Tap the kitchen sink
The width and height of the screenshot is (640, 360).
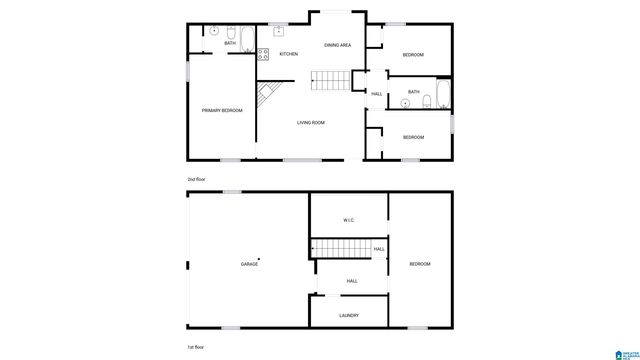click(278, 32)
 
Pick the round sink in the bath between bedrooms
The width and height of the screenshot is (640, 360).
click(406, 100)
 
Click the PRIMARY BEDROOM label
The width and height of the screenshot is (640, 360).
click(221, 110)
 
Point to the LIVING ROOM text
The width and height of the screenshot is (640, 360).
click(310, 122)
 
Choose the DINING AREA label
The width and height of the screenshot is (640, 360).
click(337, 45)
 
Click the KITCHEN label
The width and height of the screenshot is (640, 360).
click(288, 54)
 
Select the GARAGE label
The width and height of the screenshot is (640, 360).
click(249, 263)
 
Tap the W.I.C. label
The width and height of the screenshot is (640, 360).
click(349, 221)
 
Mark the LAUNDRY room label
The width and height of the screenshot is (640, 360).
click(348, 315)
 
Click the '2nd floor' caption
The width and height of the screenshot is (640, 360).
click(197, 179)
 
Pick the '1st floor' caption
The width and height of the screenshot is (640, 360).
click(196, 346)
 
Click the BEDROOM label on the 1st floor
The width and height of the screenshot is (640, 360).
click(420, 263)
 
